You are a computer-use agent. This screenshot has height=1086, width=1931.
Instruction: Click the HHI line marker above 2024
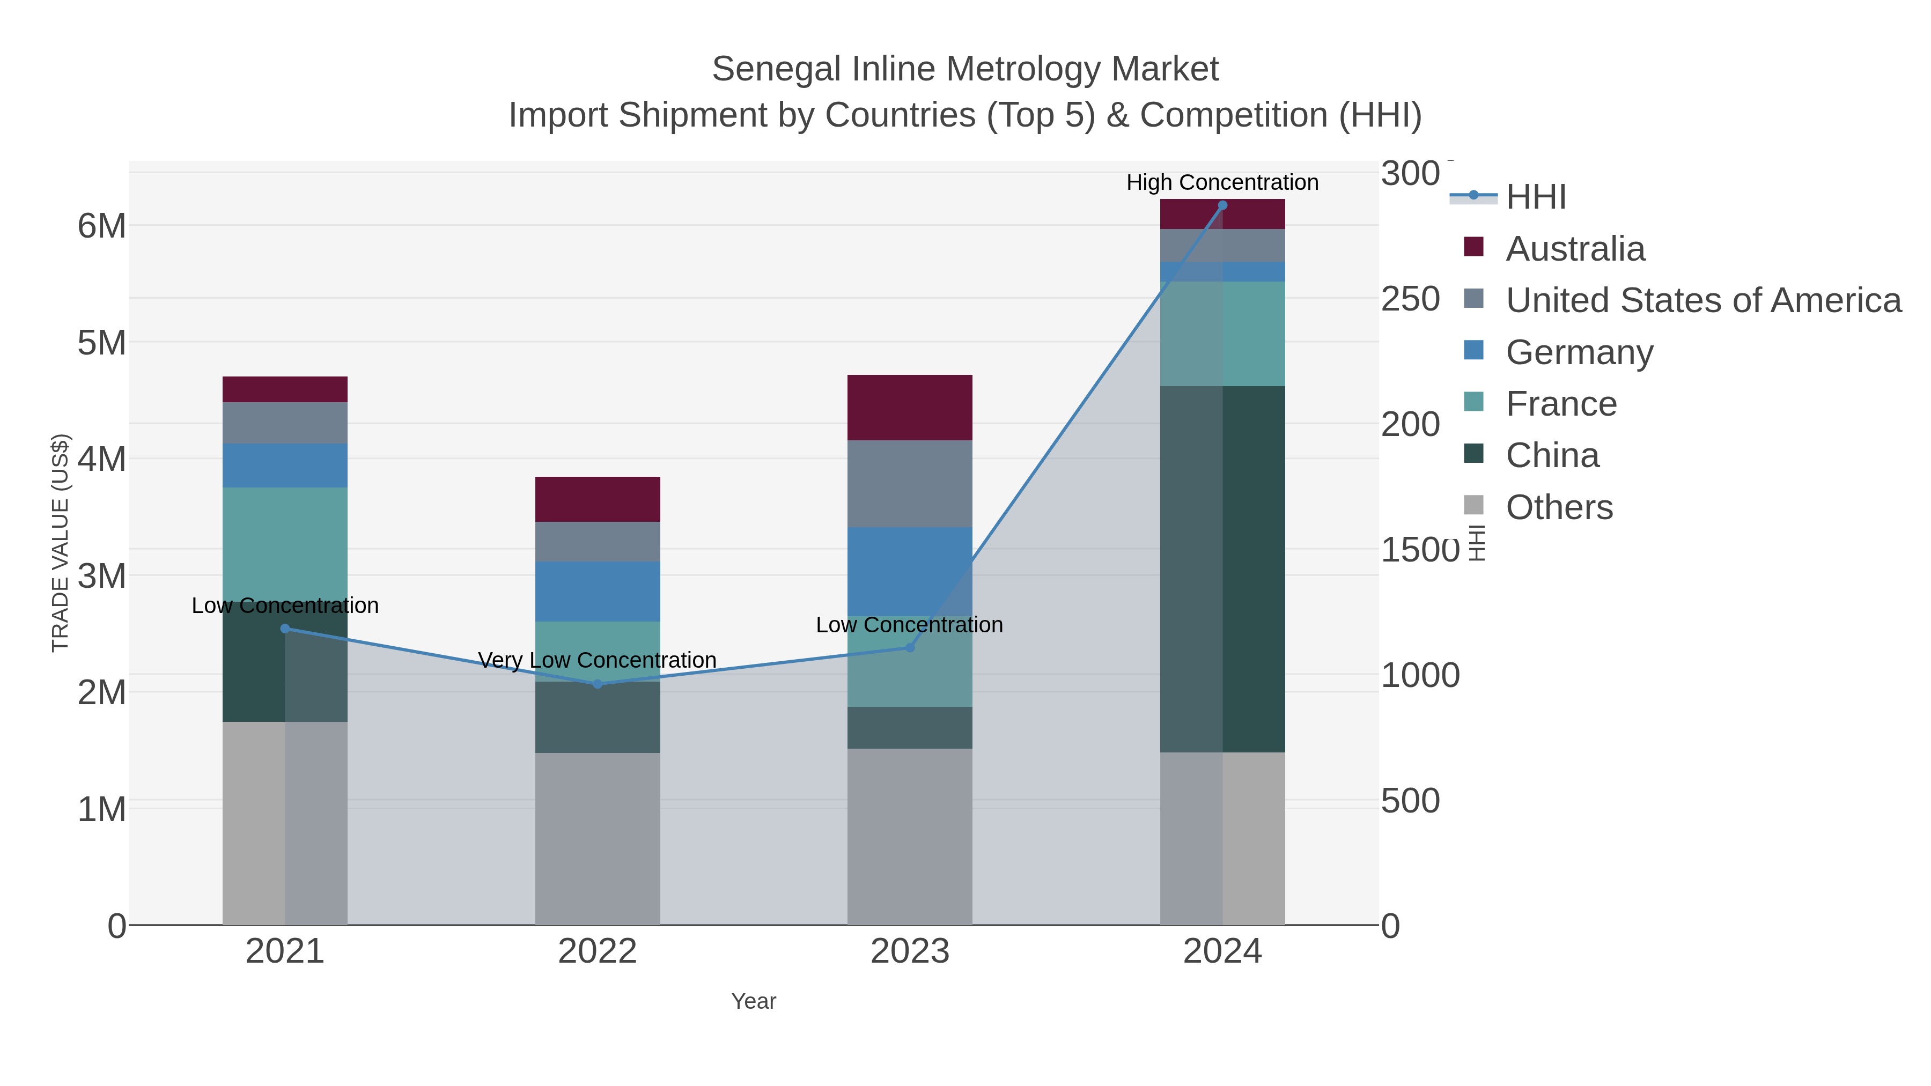coord(1222,205)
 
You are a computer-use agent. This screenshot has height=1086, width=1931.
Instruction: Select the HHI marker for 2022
coord(598,684)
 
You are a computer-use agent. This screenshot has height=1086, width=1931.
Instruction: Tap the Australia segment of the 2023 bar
coord(909,407)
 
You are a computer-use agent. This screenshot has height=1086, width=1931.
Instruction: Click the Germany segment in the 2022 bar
coord(598,592)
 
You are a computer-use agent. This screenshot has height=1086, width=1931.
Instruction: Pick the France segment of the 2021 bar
coord(285,543)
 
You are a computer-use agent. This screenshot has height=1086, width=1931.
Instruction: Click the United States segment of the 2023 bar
coord(909,483)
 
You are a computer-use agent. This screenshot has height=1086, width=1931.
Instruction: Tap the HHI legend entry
coord(1535,197)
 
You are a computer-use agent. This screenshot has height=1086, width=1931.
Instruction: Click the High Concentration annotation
coord(1222,182)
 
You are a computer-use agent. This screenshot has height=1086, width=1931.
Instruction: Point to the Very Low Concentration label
coord(598,660)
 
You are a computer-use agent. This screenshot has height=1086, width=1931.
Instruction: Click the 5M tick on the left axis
coord(102,343)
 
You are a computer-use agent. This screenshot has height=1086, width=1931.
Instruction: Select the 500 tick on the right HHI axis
coord(1410,801)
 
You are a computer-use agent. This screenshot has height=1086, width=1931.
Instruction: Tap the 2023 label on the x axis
coord(909,951)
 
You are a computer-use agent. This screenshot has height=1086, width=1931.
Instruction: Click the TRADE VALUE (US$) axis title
coord(60,543)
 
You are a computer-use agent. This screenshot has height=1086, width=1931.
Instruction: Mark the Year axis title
coord(754,1001)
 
